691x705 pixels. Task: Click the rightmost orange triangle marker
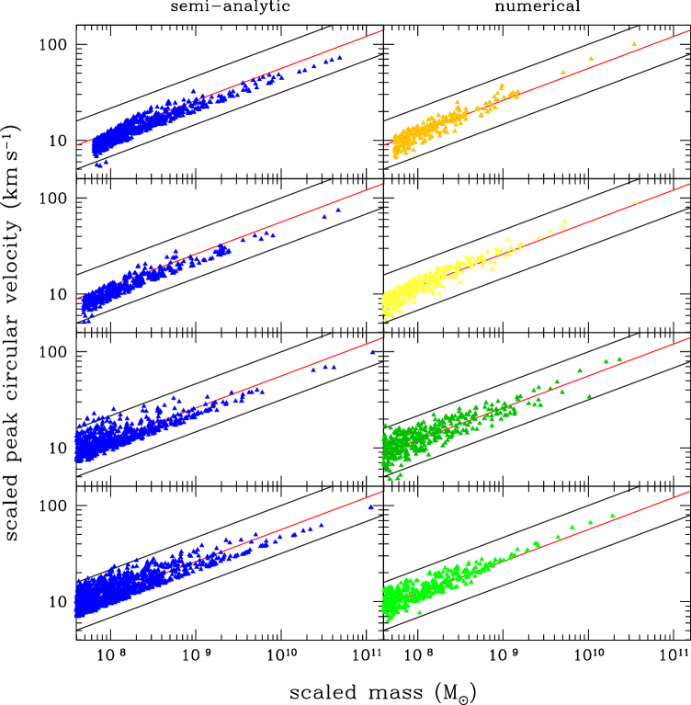click(x=634, y=43)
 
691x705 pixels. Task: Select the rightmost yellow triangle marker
click(x=635, y=201)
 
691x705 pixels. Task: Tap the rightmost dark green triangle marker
click(x=619, y=358)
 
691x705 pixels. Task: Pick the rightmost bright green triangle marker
click(x=613, y=515)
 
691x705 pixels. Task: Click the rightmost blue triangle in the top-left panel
click(x=340, y=57)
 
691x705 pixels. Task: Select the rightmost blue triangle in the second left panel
click(x=338, y=210)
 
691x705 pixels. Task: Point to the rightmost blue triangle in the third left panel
click(x=372, y=351)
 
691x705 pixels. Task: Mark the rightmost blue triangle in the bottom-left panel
click(x=370, y=506)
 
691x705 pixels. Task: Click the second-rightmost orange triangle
click(x=591, y=58)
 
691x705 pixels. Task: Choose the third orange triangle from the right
click(x=563, y=72)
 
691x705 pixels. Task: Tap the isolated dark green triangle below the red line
click(x=589, y=396)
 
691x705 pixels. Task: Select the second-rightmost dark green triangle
click(x=606, y=360)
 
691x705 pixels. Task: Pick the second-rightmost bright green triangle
click(x=591, y=521)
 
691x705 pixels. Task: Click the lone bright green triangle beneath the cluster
click(x=419, y=612)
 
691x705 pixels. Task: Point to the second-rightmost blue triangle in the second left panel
click(x=323, y=217)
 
